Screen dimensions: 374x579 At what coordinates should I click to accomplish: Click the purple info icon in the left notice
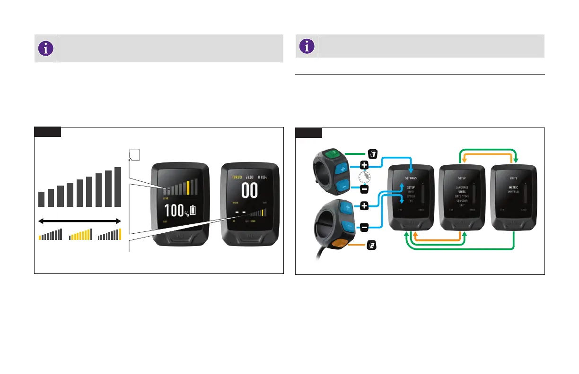pyautogui.click(x=46, y=48)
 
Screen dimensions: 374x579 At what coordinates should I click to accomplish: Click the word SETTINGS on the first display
pyautogui.click(x=410, y=178)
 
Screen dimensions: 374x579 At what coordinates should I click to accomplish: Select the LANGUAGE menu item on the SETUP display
pyautogui.click(x=462, y=187)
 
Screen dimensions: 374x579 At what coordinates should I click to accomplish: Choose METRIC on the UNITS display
pyautogui.click(x=514, y=187)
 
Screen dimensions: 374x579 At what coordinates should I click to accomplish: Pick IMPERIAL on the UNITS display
pyautogui.click(x=514, y=192)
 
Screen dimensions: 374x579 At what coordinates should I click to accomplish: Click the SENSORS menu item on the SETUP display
pyautogui.click(x=462, y=201)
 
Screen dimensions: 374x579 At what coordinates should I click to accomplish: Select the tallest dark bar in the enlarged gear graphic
pyautogui.click(x=118, y=187)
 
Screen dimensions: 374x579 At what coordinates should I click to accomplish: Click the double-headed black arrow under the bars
pyautogui.click(x=79, y=221)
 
